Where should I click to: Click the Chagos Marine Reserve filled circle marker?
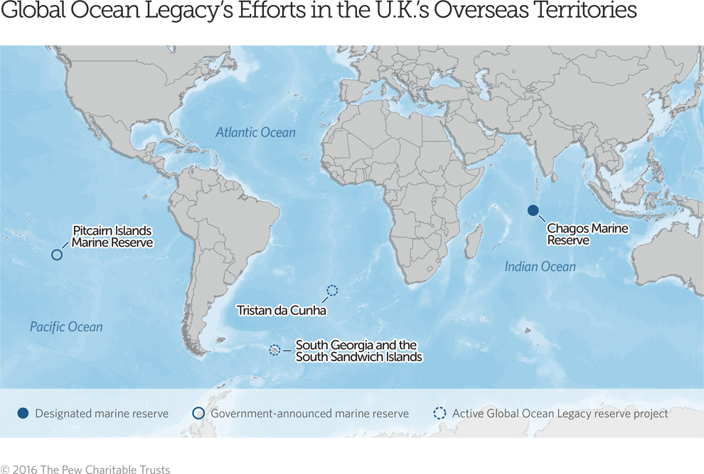tap(533, 210)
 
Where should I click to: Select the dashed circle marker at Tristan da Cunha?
tap(332, 290)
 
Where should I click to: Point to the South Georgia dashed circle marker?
tap(274, 350)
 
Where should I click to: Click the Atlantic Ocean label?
tap(255, 132)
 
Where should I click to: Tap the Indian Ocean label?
tap(540, 266)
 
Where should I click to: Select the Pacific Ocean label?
tap(66, 327)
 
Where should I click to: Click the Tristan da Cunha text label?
tap(282, 311)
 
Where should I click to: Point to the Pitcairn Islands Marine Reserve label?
tap(112, 237)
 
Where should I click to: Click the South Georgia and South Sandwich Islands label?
tap(358, 351)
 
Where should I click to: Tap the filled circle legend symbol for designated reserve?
tap(23, 414)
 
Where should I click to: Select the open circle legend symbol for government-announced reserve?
tap(198, 414)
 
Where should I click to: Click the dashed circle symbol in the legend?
tap(439, 414)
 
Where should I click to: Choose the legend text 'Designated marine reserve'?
tap(102, 414)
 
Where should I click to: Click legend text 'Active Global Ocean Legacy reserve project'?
tap(560, 414)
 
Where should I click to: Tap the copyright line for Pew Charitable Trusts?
tap(85, 469)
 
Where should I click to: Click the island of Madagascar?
tap(474, 241)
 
